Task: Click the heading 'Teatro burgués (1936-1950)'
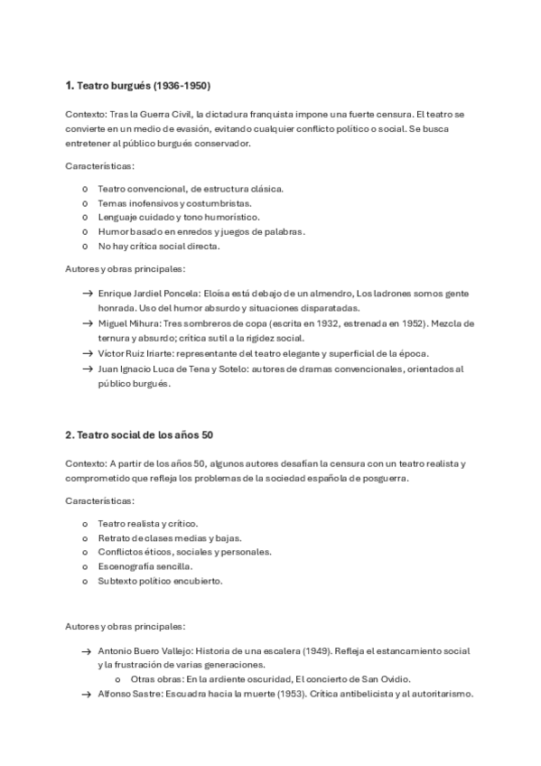(144, 86)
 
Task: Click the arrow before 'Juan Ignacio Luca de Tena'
(87, 369)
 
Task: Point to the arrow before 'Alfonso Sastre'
(87, 694)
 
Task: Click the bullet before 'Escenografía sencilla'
(85, 566)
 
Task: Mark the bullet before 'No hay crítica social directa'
(85, 246)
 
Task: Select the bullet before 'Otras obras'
(118, 679)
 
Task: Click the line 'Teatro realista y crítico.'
(147, 523)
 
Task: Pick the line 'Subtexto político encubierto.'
(160, 581)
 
